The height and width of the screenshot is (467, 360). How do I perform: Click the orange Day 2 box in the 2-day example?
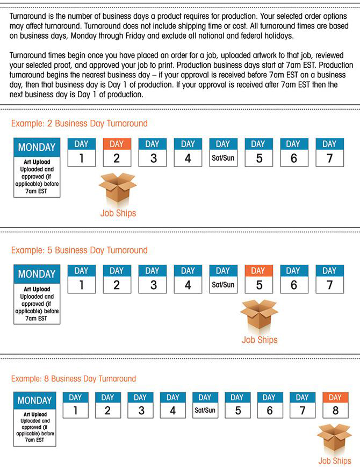(117, 152)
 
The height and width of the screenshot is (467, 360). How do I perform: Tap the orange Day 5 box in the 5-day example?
(258, 279)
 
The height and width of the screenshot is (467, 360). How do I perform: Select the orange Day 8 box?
(335, 406)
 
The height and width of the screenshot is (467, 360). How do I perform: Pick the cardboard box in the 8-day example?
(334, 437)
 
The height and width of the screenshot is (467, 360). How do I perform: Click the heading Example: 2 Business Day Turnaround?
(79, 124)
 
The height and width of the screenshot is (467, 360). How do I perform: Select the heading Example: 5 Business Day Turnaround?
(79, 250)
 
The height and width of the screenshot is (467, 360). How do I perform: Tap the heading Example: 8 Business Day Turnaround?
(74, 379)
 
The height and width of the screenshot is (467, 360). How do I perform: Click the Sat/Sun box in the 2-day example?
(223, 152)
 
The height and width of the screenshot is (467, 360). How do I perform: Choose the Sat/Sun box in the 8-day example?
(205, 406)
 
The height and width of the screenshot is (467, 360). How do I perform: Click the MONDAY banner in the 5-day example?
(37, 274)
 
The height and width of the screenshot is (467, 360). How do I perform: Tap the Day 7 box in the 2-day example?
(329, 152)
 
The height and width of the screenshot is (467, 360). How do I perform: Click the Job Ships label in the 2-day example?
(118, 213)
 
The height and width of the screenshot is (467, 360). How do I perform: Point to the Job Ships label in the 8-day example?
(334, 461)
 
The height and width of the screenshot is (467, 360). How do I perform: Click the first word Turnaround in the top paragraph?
(31, 17)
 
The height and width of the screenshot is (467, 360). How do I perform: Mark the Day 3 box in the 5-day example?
(152, 279)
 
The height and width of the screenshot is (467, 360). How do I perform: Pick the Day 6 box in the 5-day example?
(293, 279)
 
